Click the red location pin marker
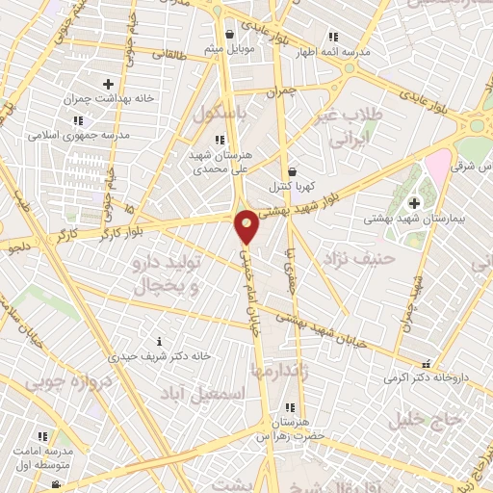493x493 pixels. pos(247,225)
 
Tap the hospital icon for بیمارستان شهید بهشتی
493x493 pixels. pos(415,203)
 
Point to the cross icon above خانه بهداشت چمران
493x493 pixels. pos(108,85)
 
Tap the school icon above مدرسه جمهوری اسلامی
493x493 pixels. pos(77,120)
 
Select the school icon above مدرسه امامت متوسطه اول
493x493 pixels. pos(41,435)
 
